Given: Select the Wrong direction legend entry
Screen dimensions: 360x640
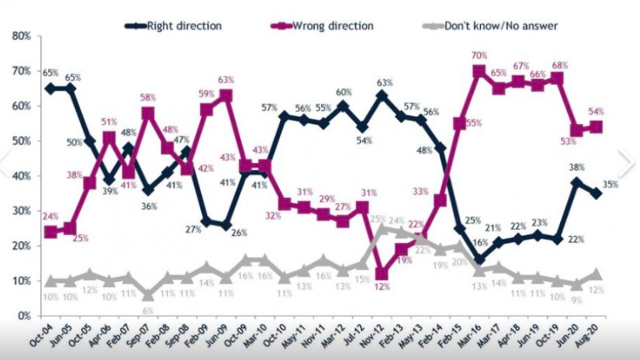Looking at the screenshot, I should tap(332, 26).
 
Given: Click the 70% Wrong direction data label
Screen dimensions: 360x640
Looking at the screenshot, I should tap(479, 55).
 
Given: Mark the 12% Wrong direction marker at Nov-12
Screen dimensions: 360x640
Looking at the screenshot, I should tap(381, 273).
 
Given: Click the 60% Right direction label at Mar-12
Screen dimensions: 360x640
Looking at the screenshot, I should tap(343, 92).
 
